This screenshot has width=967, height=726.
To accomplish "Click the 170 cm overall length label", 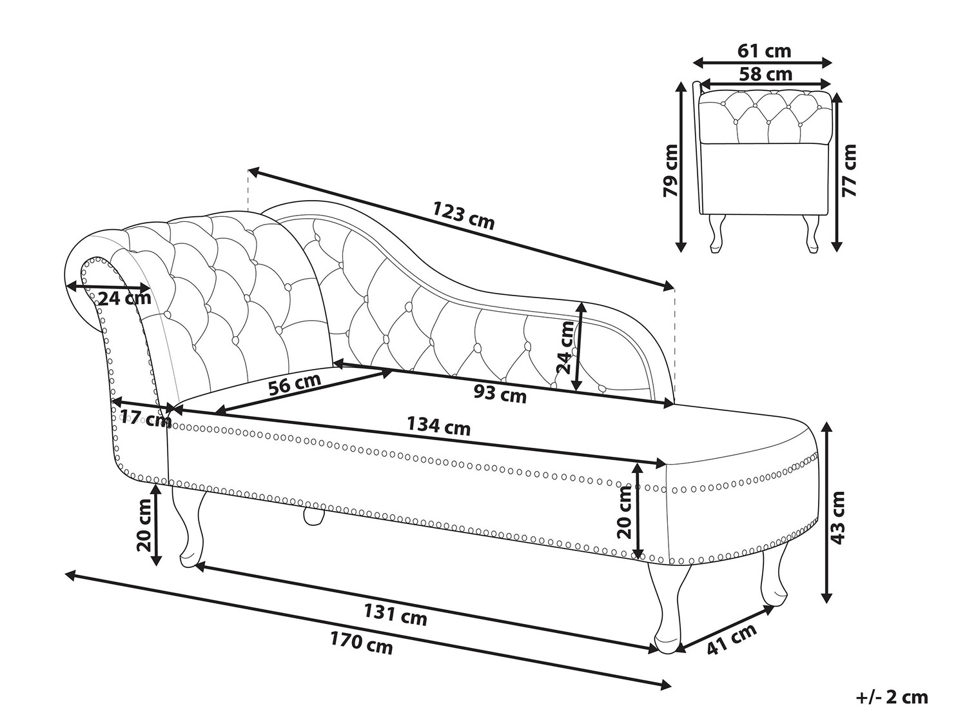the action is (361, 645).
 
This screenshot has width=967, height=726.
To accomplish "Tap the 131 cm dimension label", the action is (395, 615).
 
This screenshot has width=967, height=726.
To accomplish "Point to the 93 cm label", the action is (500, 393).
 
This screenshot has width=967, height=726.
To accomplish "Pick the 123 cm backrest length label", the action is (463, 216).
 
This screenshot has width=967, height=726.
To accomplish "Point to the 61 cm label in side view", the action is (765, 51).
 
